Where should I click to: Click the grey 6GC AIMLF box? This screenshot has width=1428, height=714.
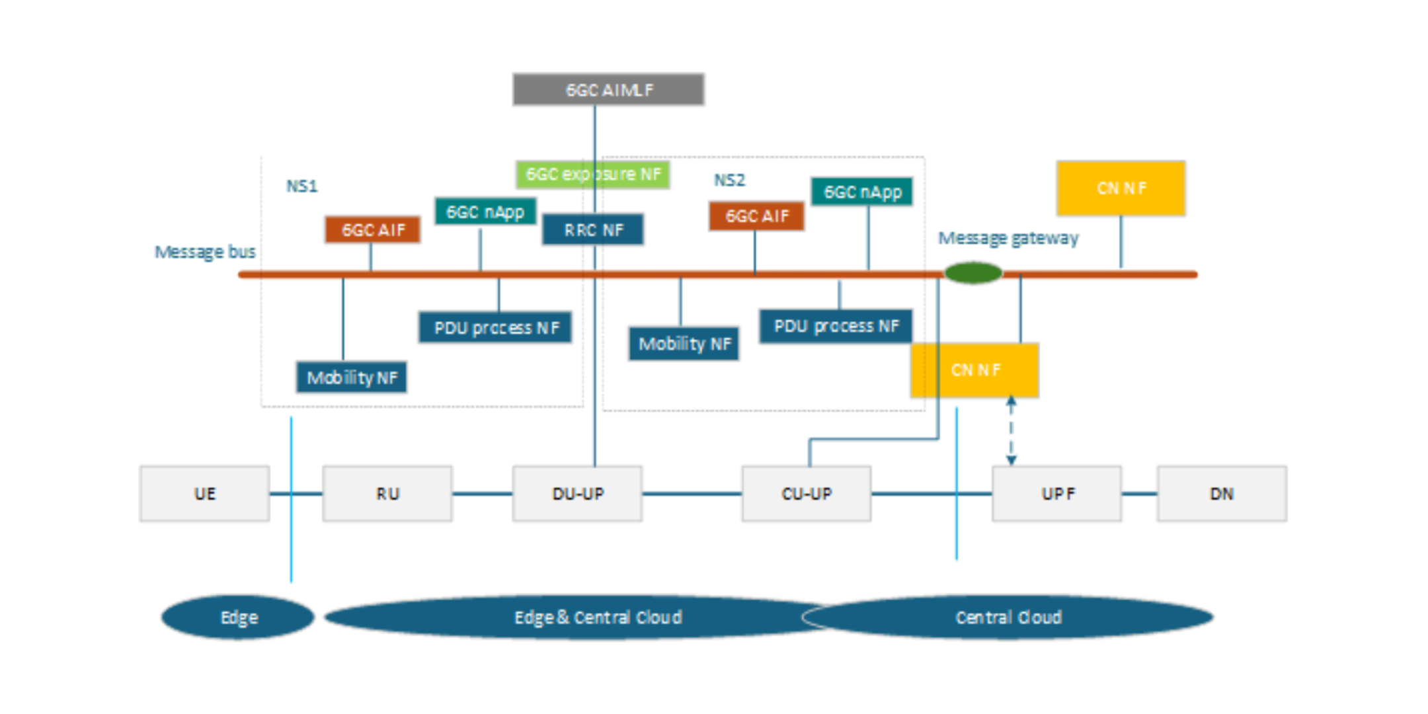[x=608, y=89]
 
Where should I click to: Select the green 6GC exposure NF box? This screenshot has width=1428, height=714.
[x=592, y=175]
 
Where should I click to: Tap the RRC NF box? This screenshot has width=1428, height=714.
[x=592, y=229]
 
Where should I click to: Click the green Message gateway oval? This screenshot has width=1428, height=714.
[x=972, y=272]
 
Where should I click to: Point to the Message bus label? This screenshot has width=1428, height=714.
[x=205, y=252]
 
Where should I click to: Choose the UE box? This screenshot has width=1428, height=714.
[x=204, y=494]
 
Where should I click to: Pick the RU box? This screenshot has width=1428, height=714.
[x=387, y=494]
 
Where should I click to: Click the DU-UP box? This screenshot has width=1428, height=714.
[x=577, y=494]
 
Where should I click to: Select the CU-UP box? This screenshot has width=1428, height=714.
[x=806, y=494]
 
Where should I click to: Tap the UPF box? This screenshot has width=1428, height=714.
[x=1056, y=494]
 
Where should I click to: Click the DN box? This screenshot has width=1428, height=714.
[x=1221, y=494]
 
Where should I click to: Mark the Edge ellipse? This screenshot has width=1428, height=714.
[x=238, y=617]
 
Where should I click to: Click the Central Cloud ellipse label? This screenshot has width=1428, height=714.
[x=1008, y=617]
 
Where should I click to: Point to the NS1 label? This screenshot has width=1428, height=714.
[x=301, y=186]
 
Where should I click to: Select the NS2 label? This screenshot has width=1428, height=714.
[x=729, y=180]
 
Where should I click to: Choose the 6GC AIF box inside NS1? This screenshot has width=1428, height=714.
[x=372, y=229]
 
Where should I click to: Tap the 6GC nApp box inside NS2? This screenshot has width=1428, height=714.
[x=862, y=192]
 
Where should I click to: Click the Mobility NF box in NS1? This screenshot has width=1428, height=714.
[x=351, y=377]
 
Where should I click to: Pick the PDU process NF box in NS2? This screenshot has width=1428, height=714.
[x=836, y=326]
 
